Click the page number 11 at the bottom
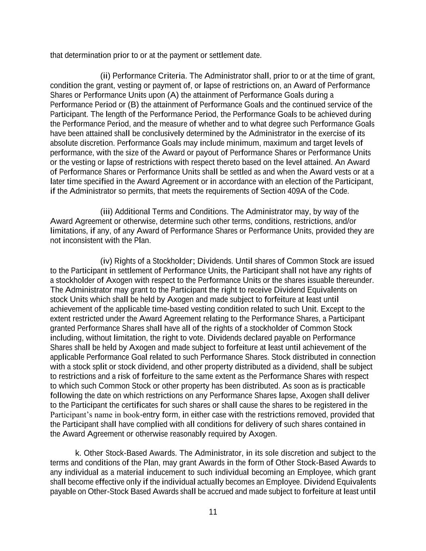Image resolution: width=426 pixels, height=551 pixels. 213,512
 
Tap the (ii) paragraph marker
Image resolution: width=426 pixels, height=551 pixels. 105,76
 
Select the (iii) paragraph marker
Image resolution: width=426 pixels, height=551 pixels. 106,212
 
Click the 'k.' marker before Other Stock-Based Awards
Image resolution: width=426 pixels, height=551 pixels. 78,453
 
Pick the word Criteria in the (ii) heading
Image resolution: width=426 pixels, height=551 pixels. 172,76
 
